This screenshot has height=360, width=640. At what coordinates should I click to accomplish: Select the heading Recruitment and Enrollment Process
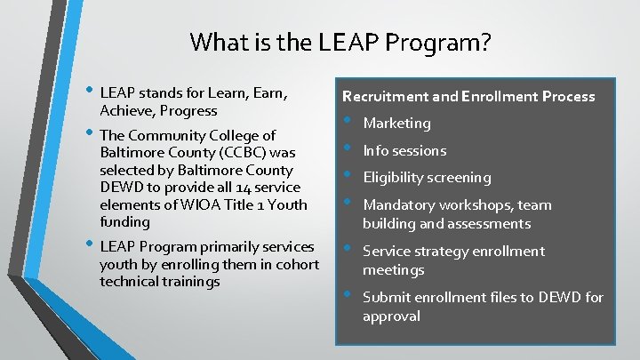[468, 96]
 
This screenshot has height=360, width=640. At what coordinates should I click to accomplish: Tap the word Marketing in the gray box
[396, 123]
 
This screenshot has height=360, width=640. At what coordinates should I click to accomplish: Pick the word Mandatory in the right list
[396, 205]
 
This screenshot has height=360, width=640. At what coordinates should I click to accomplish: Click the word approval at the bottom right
[391, 316]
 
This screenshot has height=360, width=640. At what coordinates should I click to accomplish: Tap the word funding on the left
[125, 222]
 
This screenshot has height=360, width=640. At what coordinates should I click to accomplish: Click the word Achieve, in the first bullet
[128, 111]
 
